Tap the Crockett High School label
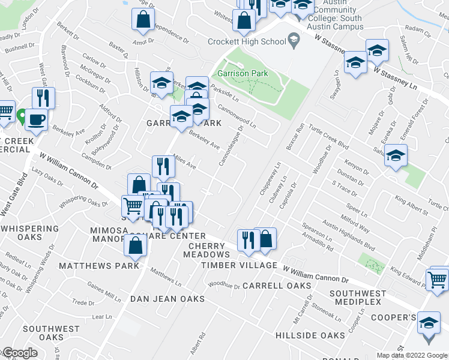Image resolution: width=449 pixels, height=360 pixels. (x=246, y=41)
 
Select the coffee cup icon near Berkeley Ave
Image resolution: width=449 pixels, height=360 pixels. (x=36, y=119)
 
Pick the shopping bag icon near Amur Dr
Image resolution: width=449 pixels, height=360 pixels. (x=143, y=20)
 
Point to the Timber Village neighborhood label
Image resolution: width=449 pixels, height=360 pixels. (x=239, y=265)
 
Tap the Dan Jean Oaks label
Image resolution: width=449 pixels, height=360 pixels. (x=168, y=299)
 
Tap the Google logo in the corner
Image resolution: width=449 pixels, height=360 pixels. (x=19, y=353)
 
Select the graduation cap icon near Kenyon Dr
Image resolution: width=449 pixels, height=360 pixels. (x=396, y=157)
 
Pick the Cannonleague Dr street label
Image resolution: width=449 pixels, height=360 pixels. (x=231, y=145)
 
